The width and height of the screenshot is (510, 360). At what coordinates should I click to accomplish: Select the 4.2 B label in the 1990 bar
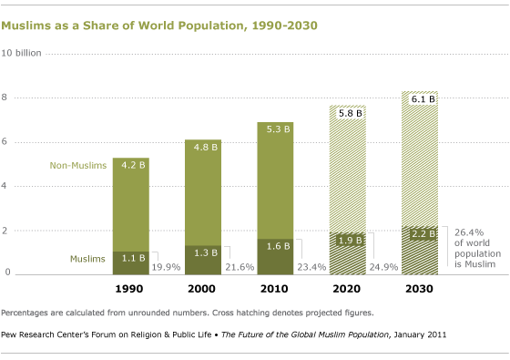click(x=131, y=166)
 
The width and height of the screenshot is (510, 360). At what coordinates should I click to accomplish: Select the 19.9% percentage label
click(x=167, y=268)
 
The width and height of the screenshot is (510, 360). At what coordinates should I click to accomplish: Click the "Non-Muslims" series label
click(x=78, y=166)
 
